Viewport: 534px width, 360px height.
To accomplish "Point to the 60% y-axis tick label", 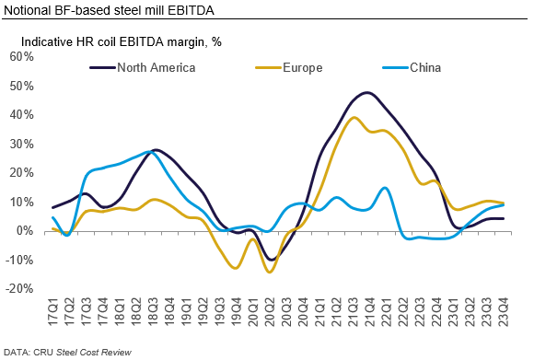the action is pyautogui.click(x=22, y=56).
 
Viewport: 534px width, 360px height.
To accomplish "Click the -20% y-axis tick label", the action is pyautogui.click(x=19, y=289).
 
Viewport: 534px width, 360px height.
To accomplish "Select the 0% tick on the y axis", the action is pyautogui.click(x=26, y=231).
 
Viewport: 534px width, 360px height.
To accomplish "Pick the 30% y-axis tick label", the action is pyautogui.click(x=22, y=144).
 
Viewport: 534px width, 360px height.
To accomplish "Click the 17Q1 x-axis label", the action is pyautogui.click(x=53, y=311).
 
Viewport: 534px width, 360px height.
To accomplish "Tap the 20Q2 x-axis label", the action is pyautogui.click(x=270, y=311).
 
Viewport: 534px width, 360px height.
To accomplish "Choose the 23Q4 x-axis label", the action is pyautogui.click(x=504, y=311).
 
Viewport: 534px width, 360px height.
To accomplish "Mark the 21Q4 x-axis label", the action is pyautogui.click(x=370, y=311).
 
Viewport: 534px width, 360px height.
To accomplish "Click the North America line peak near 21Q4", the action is pyautogui.click(x=366, y=92).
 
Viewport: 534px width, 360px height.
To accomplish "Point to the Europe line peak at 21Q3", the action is pyautogui.click(x=354, y=118).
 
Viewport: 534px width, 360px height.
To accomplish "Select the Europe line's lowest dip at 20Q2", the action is pyautogui.click(x=270, y=272).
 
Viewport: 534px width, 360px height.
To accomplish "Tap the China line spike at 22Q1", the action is pyautogui.click(x=385, y=188).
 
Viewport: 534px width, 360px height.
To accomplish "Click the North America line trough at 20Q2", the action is pyautogui.click(x=271, y=260).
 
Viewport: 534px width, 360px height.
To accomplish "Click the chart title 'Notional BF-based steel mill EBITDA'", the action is pyautogui.click(x=109, y=10).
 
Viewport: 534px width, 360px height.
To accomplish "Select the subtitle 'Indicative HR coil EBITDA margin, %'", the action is pyautogui.click(x=122, y=41).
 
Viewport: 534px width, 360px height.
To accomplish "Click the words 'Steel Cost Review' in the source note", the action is pyautogui.click(x=94, y=352).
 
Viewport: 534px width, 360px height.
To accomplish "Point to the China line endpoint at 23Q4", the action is pyautogui.click(x=504, y=205).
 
